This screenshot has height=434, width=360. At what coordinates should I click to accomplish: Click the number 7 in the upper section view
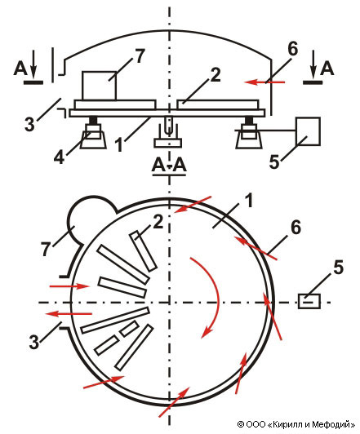tap(140, 56)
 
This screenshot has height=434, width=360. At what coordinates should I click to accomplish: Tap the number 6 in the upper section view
tap(293, 49)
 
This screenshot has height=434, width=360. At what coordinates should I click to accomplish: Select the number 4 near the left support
tap(59, 157)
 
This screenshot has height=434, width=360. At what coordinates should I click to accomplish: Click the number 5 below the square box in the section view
tap(274, 162)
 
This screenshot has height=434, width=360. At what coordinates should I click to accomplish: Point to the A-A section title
tap(169, 166)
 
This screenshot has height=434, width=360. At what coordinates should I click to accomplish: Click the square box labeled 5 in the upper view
tap(309, 131)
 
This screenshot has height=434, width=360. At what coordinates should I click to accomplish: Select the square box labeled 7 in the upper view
tap(99, 86)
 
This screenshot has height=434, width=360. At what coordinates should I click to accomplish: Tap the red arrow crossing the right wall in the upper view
tap(264, 82)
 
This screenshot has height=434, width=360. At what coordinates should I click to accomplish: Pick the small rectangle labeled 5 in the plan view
tap(309, 301)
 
